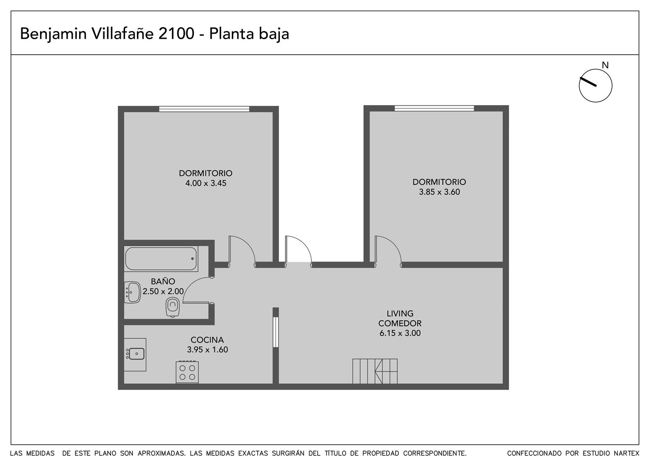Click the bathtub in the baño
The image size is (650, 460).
coord(161,259)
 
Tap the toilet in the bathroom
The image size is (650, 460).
coord(173,307)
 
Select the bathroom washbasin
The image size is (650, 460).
coord(133,292)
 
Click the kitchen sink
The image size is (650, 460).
coord(136,354)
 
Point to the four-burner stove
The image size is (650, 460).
coord(187,372)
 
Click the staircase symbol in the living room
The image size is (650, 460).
coord(375,371)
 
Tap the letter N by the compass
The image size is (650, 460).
coord(605,65)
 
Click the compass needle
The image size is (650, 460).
coord(588,82)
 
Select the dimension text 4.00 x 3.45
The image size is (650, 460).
coord(206,183)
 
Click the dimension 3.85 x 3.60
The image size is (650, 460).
coord(439,192)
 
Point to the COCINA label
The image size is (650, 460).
coord(207,340)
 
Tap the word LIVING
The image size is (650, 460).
coord(400,313)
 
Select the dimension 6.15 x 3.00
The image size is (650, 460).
coord(400,333)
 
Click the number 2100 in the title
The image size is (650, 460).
coord(176,34)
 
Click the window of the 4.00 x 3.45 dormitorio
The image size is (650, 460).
coord(204,109)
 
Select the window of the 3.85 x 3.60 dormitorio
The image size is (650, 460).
coord(434,108)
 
